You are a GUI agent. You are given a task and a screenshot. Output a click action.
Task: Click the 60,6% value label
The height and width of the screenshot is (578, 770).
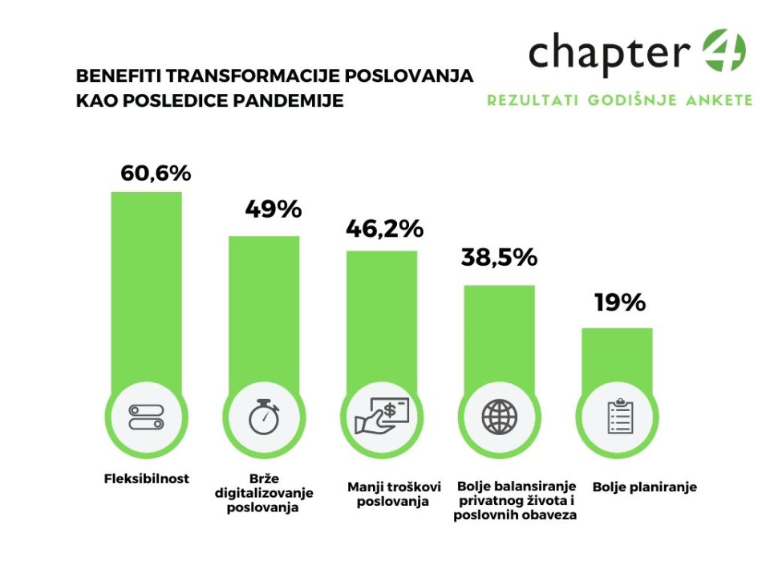(x=156, y=173)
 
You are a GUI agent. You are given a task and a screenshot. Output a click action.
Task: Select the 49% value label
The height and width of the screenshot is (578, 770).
(x=273, y=210)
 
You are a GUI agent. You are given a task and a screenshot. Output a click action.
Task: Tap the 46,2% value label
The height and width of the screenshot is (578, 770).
(x=384, y=229)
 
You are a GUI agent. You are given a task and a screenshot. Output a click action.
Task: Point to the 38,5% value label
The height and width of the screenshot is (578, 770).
(x=499, y=258)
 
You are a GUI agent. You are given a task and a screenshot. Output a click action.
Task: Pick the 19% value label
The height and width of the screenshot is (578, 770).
(x=620, y=303)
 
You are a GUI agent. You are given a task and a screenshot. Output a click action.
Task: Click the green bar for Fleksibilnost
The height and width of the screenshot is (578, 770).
(x=147, y=289)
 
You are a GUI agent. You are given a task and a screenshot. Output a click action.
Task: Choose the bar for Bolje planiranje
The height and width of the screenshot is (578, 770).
(x=617, y=357)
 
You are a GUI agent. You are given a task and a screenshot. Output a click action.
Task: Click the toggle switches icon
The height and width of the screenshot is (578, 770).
(x=147, y=417)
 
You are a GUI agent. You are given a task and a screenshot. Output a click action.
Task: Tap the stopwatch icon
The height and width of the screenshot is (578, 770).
(x=264, y=417)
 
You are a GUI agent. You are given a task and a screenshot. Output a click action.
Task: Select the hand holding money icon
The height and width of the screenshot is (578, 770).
(x=382, y=417)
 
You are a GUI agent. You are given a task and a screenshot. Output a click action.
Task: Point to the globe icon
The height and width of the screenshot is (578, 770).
(x=500, y=417)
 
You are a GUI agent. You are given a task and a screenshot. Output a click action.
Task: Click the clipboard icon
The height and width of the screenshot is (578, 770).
(x=617, y=417)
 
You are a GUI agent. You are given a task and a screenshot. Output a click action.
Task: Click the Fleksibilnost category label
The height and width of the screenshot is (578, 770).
(x=147, y=478)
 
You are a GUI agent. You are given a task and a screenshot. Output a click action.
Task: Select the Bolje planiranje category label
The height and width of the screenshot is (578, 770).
(x=645, y=486)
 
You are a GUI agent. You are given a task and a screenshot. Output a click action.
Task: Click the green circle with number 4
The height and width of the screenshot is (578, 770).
(x=723, y=52)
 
